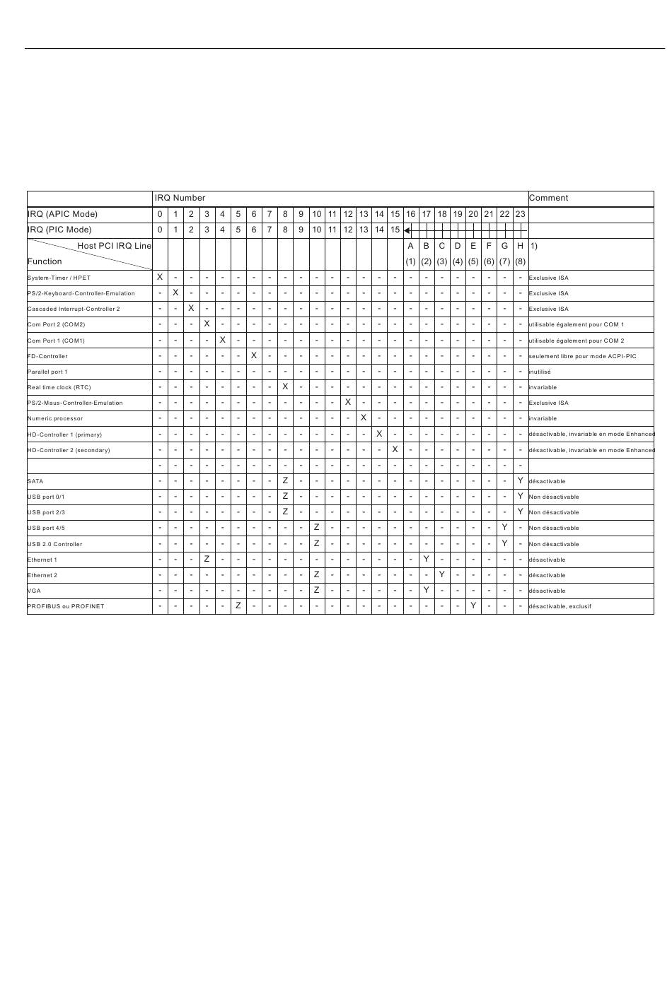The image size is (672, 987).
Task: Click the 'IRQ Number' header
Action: click(180, 199)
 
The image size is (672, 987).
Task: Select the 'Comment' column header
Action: click(548, 199)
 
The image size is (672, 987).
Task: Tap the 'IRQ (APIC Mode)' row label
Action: click(62, 214)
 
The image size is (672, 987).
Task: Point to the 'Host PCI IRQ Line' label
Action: click(114, 246)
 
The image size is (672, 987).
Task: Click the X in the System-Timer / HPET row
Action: click(160, 278)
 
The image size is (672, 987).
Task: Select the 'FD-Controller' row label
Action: click(47, 356)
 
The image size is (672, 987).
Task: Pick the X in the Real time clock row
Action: click(285, 387)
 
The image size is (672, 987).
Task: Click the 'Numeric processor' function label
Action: click(55, 418)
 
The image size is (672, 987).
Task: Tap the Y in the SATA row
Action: click(521, 481)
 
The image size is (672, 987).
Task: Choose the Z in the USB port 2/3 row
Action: click(285, 512)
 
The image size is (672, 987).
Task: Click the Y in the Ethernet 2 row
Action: click(442, 575)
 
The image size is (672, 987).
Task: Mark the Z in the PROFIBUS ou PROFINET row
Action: click(238, 606)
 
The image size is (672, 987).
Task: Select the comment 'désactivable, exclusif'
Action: click(560, 606)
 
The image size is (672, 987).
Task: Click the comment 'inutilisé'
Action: click(540, 372)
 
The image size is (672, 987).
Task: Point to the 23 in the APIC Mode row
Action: click(521, 214)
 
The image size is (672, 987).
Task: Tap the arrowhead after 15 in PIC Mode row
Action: click(407, 230)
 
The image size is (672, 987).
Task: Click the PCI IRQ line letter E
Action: click(473, 246)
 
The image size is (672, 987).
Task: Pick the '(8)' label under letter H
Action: click(521, 261)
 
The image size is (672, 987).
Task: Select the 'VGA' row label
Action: click(34, 591)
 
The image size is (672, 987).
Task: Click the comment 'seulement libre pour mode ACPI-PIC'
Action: click(582, 356)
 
